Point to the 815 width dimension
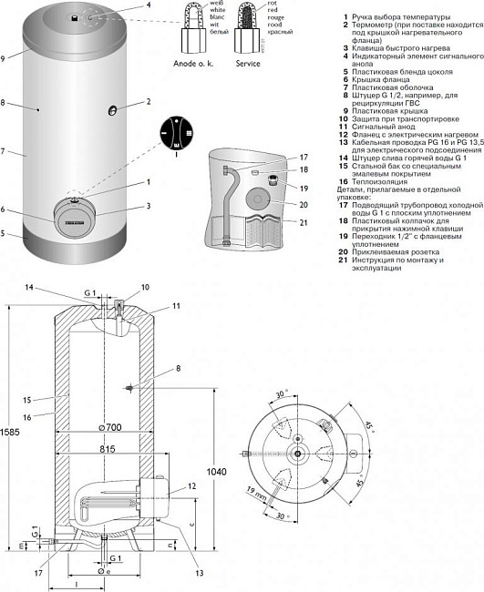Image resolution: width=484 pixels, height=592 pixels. (x=108, y=450)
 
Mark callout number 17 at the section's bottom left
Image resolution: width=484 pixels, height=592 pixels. (x=38, y=573)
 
